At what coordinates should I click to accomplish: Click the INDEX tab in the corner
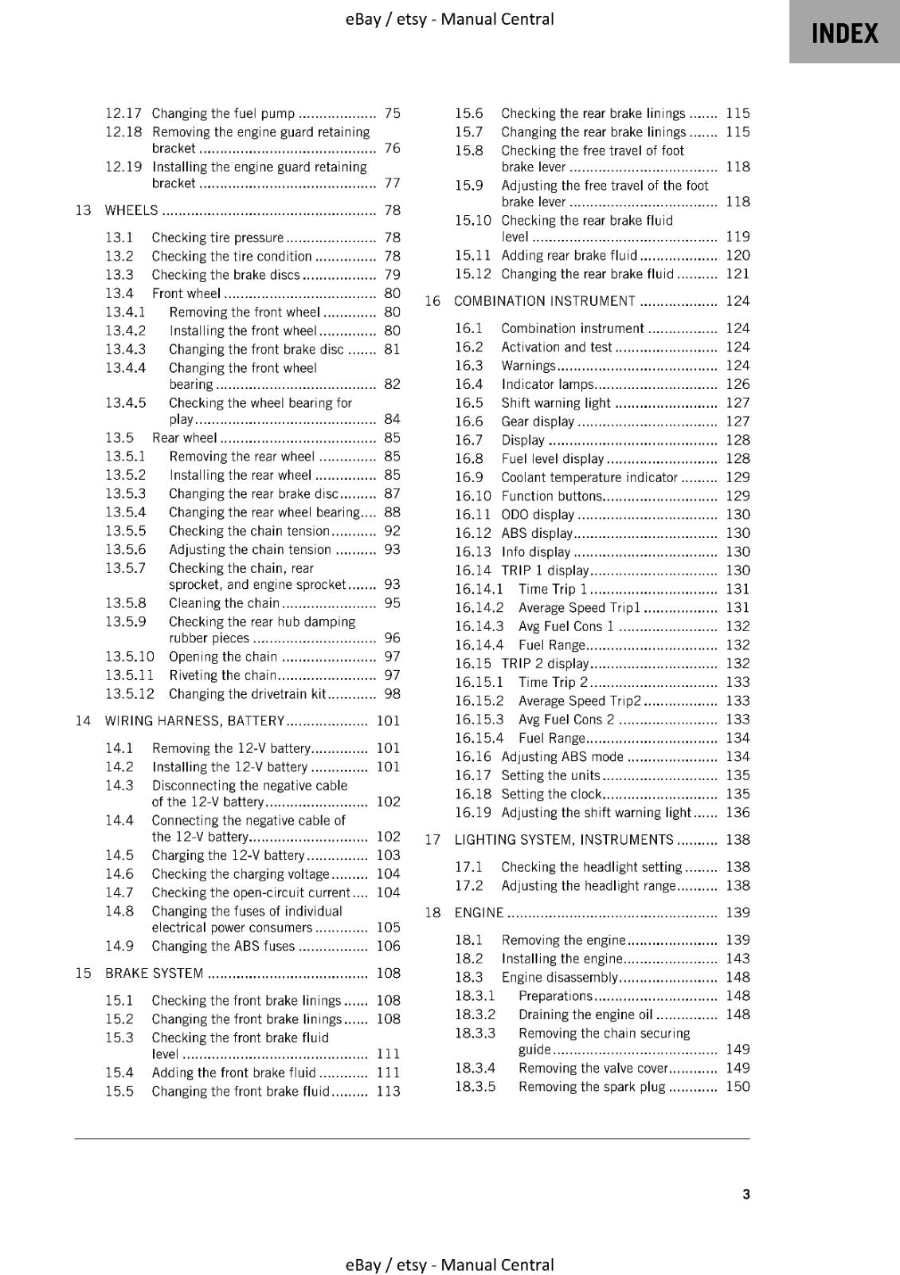[844, 33]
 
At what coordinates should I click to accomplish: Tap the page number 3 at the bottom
[745, 1194]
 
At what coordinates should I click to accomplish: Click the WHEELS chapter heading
[132, 210]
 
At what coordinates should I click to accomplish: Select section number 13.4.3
[126, 349]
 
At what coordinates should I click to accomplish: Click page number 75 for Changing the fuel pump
[392, 113]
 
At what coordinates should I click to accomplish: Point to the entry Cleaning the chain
[224, 603]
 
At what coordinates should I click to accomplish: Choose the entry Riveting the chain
[222, 675]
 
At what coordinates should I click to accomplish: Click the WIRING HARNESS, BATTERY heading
[194, 721]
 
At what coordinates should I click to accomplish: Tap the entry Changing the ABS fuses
[223, 946]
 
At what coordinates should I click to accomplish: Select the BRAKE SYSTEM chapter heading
[154, 973]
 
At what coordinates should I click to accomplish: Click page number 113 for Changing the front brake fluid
[388, 1091]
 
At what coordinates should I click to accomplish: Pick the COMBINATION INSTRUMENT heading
[544, 301]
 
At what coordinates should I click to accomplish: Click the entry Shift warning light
[555, 402]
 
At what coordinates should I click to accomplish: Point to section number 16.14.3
[479, 626]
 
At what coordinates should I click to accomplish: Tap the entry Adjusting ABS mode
[562, 756]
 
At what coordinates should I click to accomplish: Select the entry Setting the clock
[551, 794]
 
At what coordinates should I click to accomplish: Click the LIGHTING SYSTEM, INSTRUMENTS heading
[563, 840]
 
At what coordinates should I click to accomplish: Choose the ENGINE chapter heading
[479, 912]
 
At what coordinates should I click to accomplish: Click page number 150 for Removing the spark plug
[738, 1086]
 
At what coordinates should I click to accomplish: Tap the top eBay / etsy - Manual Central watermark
[449, 19]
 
